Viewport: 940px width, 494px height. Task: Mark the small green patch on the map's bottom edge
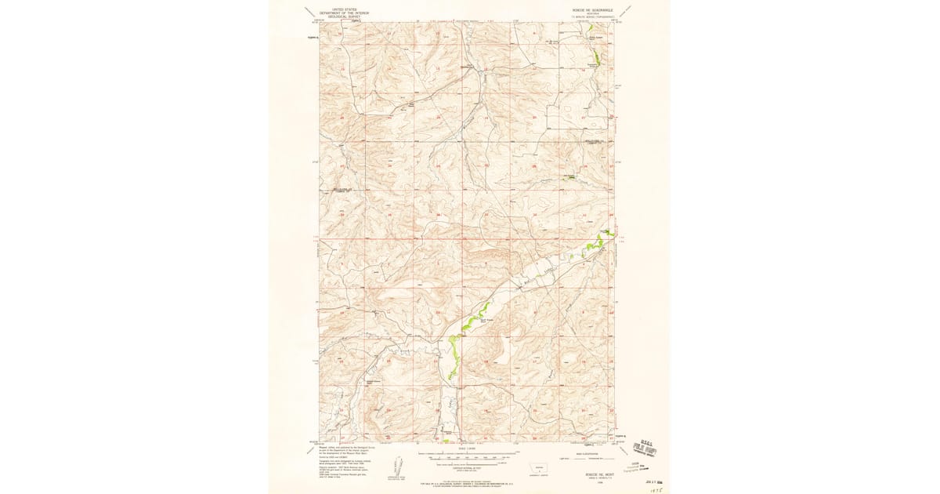[446, 441]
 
